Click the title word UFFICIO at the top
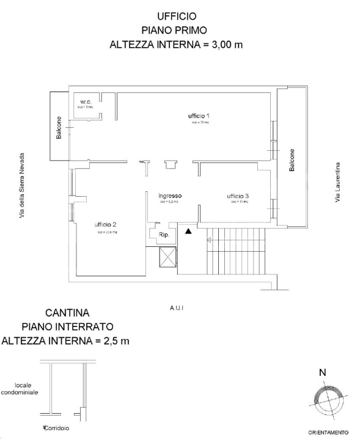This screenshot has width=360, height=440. tap(177, 16)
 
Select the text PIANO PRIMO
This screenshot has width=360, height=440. tap(177, 30)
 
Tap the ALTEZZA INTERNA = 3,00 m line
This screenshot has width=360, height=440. tap(177, 44)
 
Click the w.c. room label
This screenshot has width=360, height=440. tap(85, 101)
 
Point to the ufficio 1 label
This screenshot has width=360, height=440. tap(199, 116)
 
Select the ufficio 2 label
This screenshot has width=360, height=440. tap(106, 225)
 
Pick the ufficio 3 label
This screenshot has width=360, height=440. tap(237, 196)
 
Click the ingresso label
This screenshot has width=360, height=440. tap(171, 196)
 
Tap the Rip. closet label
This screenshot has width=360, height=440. tap(164, 234)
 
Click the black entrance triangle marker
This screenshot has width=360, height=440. tap(189, 231)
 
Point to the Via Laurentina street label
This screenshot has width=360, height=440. tap(337, 183)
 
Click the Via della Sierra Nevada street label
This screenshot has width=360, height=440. tap(23, 185)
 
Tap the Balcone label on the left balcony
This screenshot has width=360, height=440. tap(59, 127)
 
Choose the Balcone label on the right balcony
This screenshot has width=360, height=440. tap(292, 160)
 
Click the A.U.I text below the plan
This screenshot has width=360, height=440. tap(177, 309)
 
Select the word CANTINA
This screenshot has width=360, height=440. tap(67, 313)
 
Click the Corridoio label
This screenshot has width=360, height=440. tap(56, 428)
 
